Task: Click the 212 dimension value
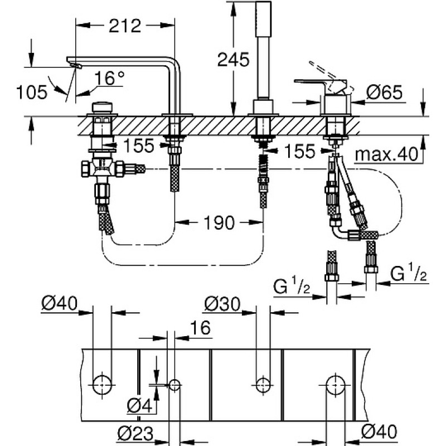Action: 125,26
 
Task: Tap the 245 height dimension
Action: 233,60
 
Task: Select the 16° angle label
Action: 109,78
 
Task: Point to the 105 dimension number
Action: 32,92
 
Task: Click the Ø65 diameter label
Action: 384,92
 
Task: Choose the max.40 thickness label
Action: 386,154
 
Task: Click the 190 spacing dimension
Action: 219,222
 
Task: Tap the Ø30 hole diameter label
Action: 222,304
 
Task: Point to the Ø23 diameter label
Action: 135,434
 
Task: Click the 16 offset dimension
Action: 200,327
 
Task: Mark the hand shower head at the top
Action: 263,18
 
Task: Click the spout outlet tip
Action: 75,65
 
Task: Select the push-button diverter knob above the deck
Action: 102,108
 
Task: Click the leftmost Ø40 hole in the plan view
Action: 102,385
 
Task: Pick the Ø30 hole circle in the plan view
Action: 263,385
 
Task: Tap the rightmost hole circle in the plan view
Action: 336,385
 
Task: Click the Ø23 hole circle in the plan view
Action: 174,385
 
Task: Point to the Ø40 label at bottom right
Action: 379,432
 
